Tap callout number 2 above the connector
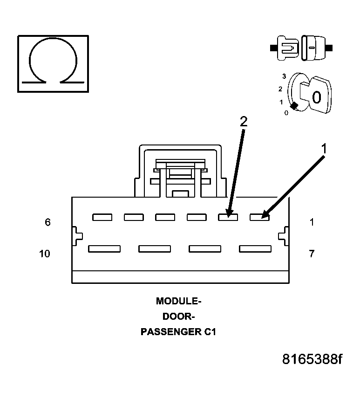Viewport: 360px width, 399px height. pyautogui.click(x=243, y=121)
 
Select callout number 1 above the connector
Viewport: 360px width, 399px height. pyautogui.click(x=325, y=149)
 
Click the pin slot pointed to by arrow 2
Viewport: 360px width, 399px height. pyautogui.click(x=228, y=217)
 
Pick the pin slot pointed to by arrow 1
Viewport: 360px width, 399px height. pyautogui.click(x=259, y=217)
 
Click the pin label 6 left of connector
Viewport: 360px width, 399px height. pyautogui.click(x=48, y=222)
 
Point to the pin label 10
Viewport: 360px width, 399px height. pyautogui.click(x=45, y=254)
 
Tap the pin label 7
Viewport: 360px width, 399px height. pyautogui.click(x=312, y=254)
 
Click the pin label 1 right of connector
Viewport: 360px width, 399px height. pyautogui.click(x=312, y=222)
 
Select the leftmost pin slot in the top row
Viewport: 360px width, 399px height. pyautogui.click(x=102, y=217)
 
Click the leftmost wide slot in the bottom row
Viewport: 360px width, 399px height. pyautogui.click(x=104, y=249)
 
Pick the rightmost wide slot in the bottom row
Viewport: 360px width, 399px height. pyautogui.click(x=255, y=249)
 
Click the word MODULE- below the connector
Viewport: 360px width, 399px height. pyautogui.click(x=179, y=301)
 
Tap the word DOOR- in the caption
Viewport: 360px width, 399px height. pyautogui.click(x=179, y=317)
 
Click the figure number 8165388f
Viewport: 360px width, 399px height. pyautogui.click(x=312, y=360)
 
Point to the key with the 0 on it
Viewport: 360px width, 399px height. pyautogui.click(x=315, y=96)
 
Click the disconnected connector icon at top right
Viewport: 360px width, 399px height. pyautogui.click(x=300, y=48)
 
